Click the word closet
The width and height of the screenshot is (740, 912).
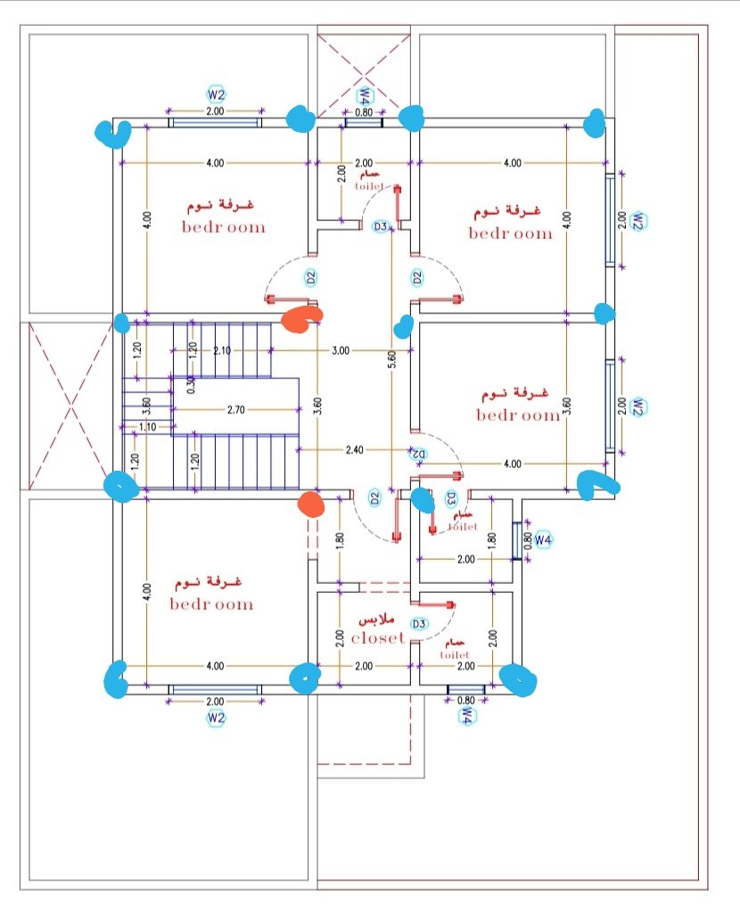tap(377, 638)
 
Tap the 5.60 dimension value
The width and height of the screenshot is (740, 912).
tap(392, 359)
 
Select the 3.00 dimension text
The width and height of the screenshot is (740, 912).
tap(341, 350)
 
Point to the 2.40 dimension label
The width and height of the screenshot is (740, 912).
tap(354, 449)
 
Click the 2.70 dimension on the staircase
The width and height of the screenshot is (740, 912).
tap(235, 409)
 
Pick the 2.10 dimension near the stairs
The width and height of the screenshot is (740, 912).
tap(222, 350)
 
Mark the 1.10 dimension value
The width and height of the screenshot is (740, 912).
tap(147, 427)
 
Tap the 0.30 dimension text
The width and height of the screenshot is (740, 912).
tap(192, 385)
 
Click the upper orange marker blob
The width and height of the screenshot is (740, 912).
tap(300, 319)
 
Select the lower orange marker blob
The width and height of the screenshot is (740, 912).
tap(311, 504)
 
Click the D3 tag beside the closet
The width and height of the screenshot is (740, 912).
tap(419, 624)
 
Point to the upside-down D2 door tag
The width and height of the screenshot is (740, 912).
tap(419, 455)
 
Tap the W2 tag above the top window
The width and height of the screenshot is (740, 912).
tap(216, 94)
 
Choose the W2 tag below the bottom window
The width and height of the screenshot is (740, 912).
tap(216, 718)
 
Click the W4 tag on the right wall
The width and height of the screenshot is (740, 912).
tap(543, 539)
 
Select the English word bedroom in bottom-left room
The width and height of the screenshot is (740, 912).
tap(212, 604)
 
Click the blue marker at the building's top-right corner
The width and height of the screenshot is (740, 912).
tap(596, 123)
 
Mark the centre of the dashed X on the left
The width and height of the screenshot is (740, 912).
tap(70, 406)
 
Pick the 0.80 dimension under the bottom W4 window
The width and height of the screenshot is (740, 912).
tap(466, 701)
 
